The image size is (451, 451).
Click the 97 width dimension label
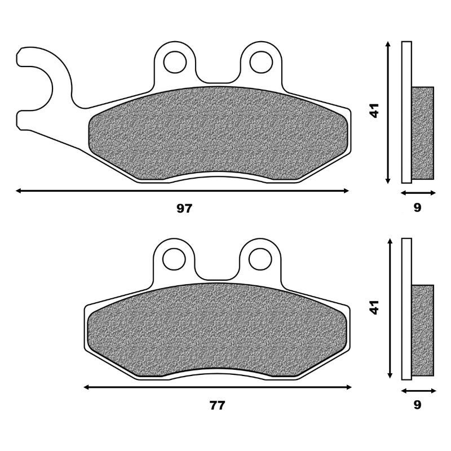point(184,208)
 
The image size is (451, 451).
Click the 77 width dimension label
point(217,405)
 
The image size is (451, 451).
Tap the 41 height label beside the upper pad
point(374,110)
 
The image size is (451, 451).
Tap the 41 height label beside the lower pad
point(374,307)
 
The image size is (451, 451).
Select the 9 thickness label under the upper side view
point(417,207)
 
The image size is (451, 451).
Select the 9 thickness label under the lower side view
point(417,405)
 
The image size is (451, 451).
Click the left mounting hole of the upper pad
point(175,62)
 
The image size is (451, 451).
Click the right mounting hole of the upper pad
point(261,62)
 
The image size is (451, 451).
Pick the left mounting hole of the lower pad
point(174,259)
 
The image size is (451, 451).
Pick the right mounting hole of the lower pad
point(260,259)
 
